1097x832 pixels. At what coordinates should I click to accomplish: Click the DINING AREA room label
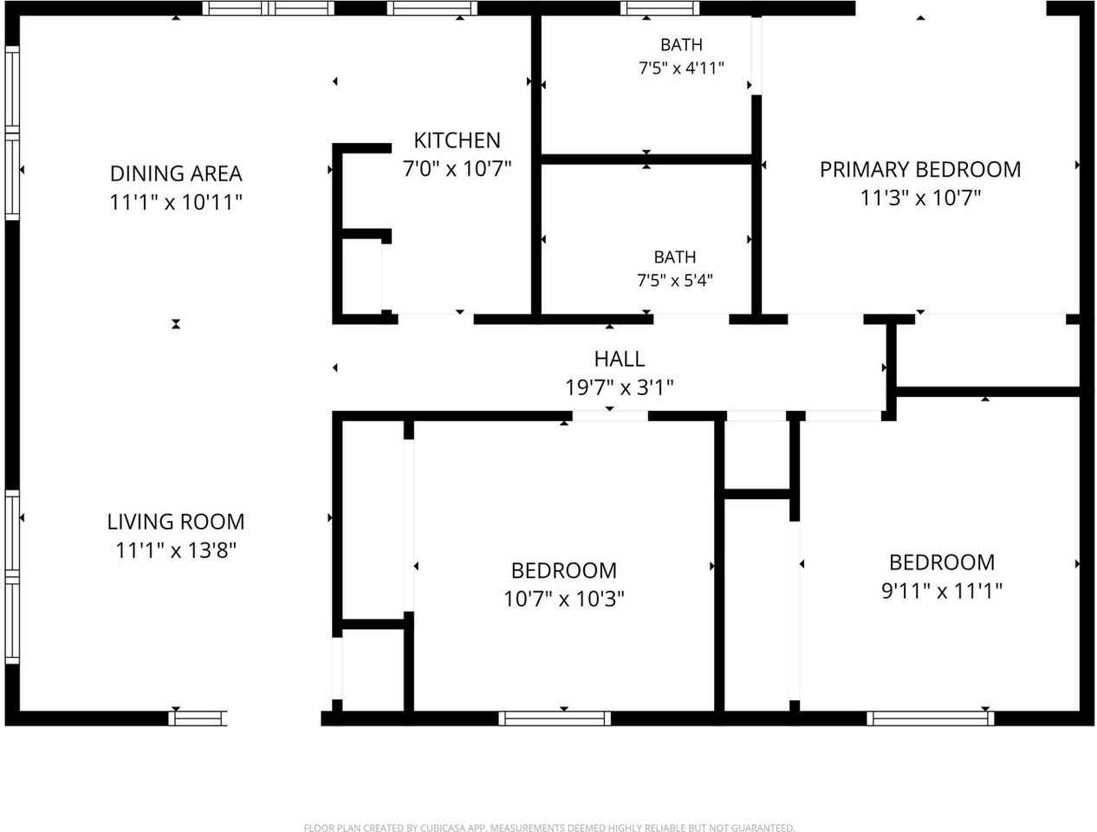(176, 174)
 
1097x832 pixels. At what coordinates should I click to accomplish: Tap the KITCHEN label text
(458, 140)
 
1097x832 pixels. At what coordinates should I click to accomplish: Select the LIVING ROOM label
(176, 522)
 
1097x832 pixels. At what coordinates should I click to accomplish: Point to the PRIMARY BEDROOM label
(920, 170)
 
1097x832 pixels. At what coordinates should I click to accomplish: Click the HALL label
(620, 359)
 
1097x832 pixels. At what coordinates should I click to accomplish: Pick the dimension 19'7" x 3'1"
(620, 387)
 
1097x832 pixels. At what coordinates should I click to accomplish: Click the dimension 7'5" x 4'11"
(681, 68)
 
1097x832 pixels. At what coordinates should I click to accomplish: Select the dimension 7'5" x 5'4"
(675, 280)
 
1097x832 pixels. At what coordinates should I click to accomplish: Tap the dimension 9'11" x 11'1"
(942, 591)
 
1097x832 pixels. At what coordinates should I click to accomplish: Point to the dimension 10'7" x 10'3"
(564, 599)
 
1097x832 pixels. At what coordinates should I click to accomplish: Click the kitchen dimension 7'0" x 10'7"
(458, 169)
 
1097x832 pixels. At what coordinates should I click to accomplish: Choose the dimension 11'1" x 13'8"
(176, 550)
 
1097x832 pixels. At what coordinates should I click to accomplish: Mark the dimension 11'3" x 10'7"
(920, 198)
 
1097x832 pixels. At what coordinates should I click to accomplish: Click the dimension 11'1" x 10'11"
(176, 203)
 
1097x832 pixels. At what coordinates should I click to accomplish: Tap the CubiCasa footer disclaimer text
(548, 828)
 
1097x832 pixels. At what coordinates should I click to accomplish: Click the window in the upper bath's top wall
(659, 8)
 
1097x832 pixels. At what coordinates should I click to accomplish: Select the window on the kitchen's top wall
(432, 8)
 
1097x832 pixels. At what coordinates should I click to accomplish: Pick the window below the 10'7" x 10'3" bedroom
(555, 718)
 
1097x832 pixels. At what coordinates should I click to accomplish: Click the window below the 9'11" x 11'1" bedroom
(930, 718)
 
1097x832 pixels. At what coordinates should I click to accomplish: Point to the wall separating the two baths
(646, 159)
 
